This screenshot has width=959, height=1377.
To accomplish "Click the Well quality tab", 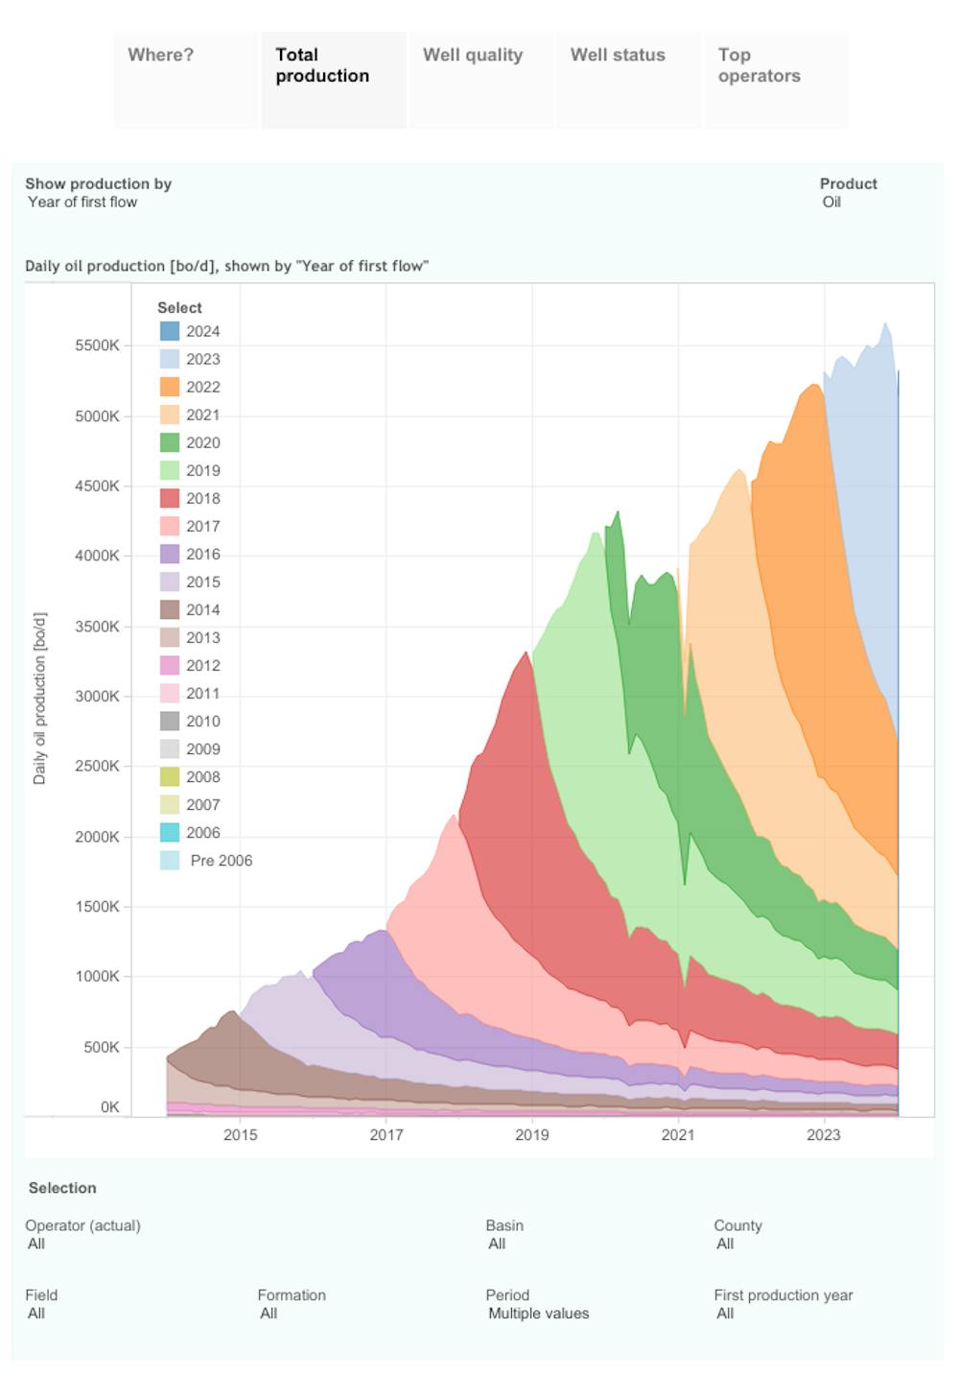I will tap(473, 56).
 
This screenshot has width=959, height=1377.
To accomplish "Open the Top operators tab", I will tap(759, 65).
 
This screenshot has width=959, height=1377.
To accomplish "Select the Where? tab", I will tap(160, 56).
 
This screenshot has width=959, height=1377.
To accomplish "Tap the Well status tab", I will tap(618, 56).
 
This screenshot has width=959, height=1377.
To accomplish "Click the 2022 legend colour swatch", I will tap(170, 387).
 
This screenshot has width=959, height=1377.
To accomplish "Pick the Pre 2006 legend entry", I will tap(221, 861).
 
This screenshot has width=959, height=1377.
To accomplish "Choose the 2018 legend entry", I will tap(202, 498).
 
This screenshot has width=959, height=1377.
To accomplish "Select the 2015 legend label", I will tap(202, 582).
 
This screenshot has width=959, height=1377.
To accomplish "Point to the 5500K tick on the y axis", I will tap(97, 345).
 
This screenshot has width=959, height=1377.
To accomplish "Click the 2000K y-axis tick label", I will tap(97, 837).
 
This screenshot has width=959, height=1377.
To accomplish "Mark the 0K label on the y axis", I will tap(109, 1107).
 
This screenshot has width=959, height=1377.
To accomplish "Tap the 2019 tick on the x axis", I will tap(532, 1135).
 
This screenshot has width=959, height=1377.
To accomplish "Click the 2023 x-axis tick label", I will tap(824, 1135).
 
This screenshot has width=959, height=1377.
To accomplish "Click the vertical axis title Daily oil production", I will tap(39, 699).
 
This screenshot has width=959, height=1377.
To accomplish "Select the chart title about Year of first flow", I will tap(226, 266).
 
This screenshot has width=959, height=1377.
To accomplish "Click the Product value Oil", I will tap(831, 202).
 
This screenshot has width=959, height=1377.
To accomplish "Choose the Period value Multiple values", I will tap(538, 1314).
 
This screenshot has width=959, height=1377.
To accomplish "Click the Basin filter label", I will tap(504, 1225).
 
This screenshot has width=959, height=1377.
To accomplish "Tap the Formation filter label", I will tap(292, 1295).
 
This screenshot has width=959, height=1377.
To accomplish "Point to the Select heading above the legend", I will tap(179, 308).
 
